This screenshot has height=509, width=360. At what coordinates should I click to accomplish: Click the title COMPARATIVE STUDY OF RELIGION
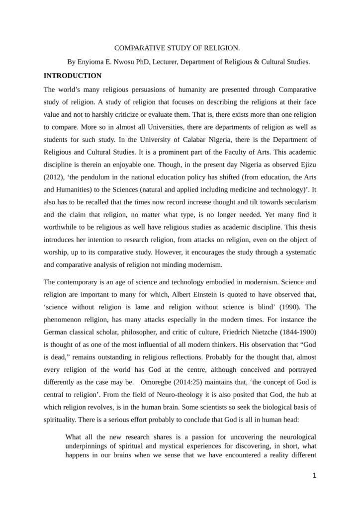pos(177,48)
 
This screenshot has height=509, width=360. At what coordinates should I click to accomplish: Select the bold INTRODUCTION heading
pos(73,76)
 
